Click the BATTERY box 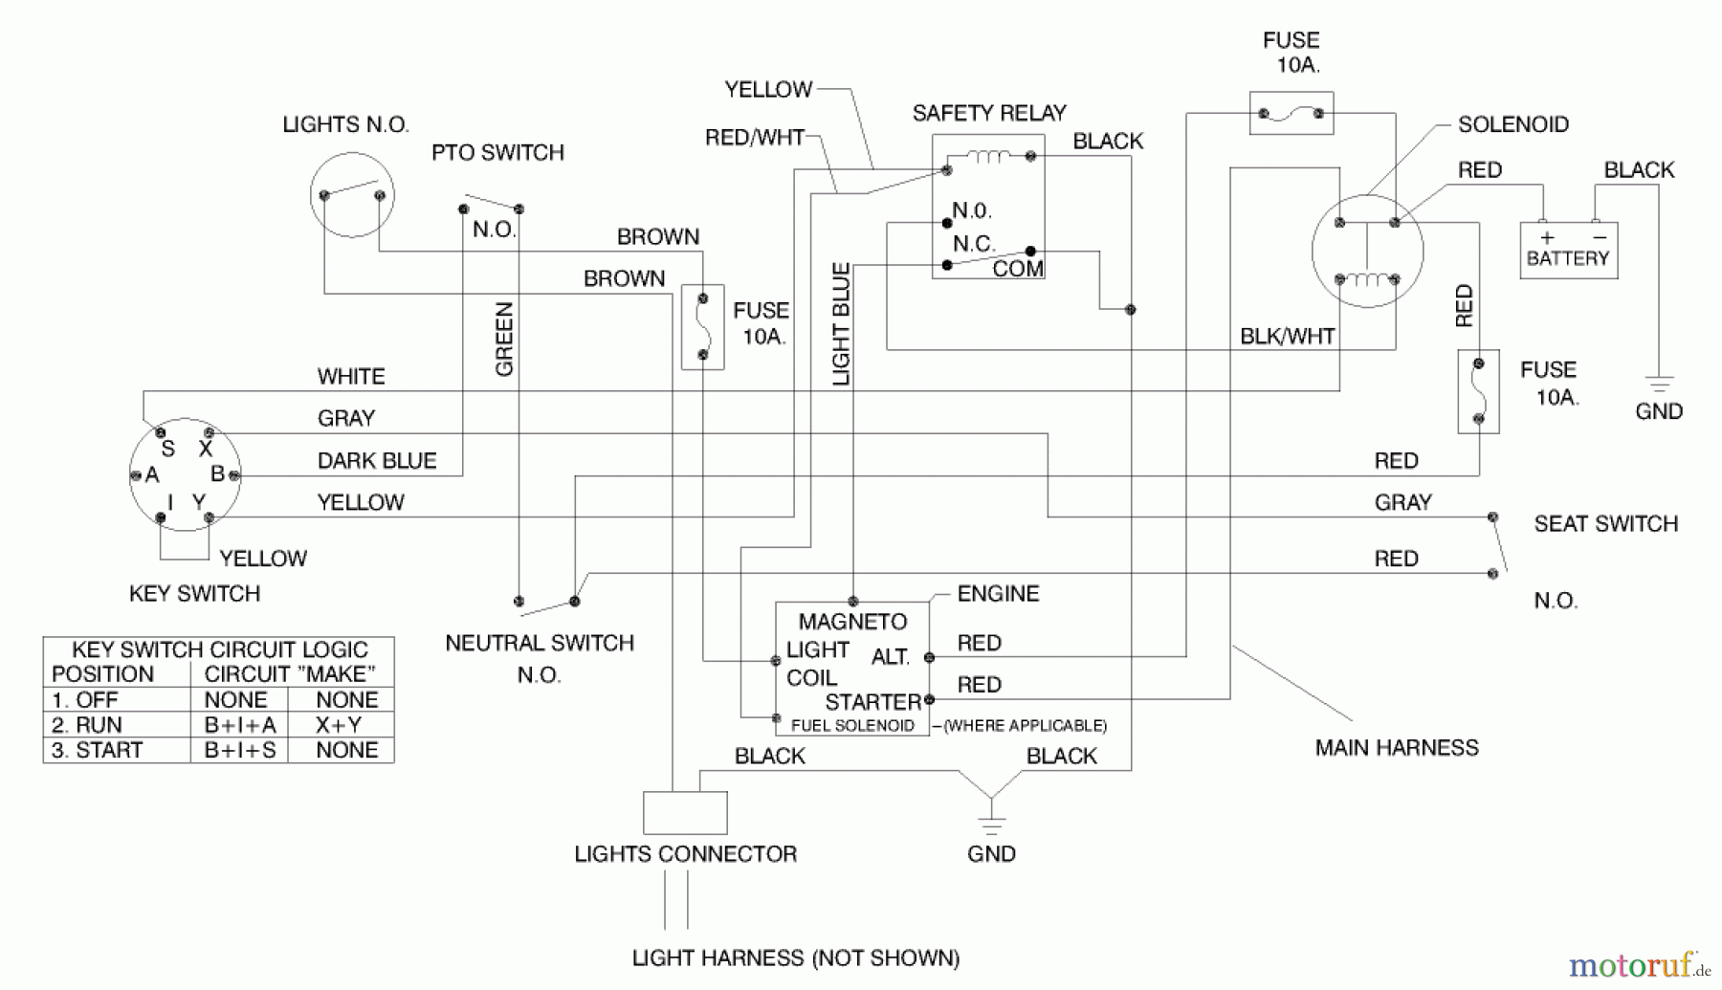(x=1568, y=251)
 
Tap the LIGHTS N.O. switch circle (x=352, y=195)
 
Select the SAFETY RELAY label (x=988, y=114)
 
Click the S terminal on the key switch (x=160, y=433)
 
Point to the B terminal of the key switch (x=233, y=474)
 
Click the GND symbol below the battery (x=1659, y=387)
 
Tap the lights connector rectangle (x=685, y=813)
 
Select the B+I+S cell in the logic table (x=239, y=750)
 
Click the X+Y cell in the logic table (x=340, y=725)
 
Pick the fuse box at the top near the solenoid (x=1291, y=114)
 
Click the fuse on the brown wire (x=702, y=327)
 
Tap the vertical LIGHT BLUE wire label (x=841, y=324)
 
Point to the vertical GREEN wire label (x=504, y=340)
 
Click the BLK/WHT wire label (x=1287, y=337)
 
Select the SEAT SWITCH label (x=1605, y=524)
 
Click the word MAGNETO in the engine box (x=852, y=623)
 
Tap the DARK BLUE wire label (x=377, y=461)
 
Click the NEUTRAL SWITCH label (x=540, y=644)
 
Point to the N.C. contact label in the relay (x=973, y=244)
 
